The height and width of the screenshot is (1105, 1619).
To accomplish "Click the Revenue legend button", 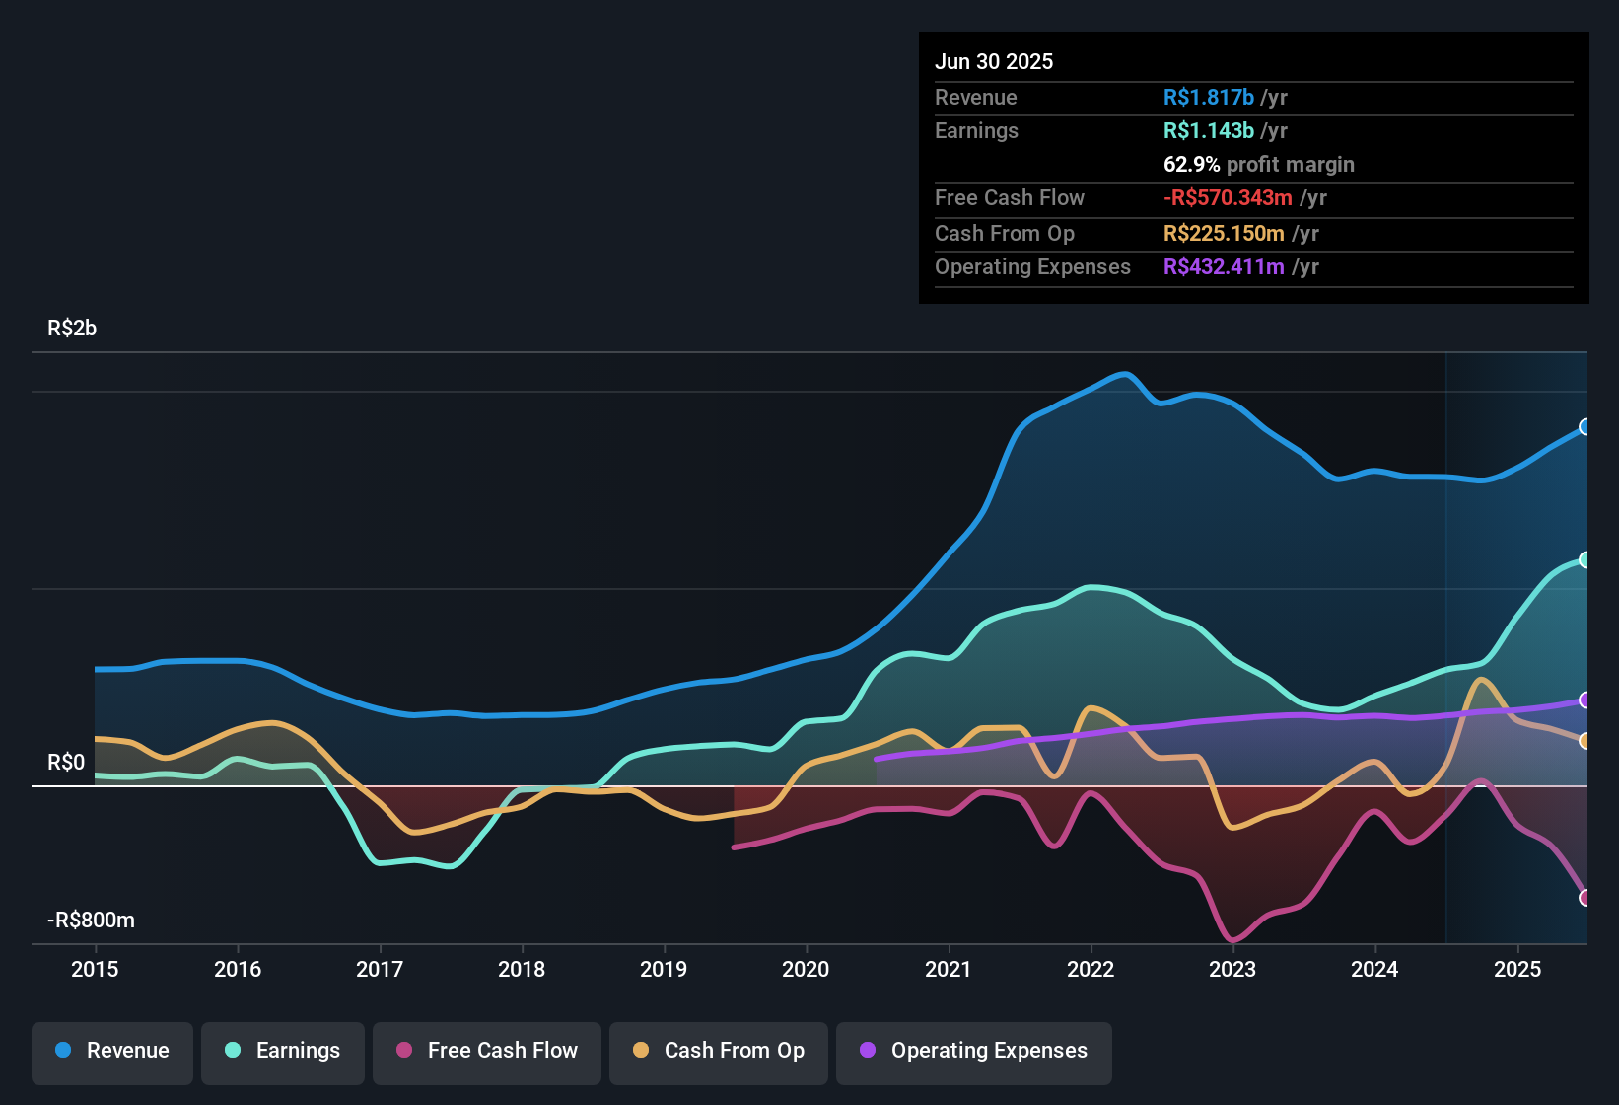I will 112,1051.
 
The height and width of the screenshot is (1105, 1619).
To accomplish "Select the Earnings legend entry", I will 283,1051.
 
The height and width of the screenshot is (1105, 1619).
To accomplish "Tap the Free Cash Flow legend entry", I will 487,1051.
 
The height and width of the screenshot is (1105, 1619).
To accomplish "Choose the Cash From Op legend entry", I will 719,1051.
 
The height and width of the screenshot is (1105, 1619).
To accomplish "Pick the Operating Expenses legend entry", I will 974,1051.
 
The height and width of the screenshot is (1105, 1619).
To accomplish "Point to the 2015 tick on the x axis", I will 95,969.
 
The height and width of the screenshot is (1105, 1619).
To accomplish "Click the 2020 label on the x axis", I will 806,969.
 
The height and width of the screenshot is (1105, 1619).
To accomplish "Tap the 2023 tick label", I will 1232,969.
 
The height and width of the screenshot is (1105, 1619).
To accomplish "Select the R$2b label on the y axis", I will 72,329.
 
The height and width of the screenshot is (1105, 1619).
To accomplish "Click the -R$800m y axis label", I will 91,921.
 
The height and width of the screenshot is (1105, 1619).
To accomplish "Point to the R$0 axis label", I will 66,763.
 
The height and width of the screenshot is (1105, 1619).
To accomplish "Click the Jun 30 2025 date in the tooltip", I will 994,62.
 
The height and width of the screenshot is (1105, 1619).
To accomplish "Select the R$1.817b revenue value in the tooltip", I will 1209,98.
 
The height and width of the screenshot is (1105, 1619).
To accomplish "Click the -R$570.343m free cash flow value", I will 1228,198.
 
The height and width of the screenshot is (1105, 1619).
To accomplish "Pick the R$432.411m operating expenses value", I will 1224,267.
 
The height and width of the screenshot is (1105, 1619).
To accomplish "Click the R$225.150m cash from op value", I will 1224,234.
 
